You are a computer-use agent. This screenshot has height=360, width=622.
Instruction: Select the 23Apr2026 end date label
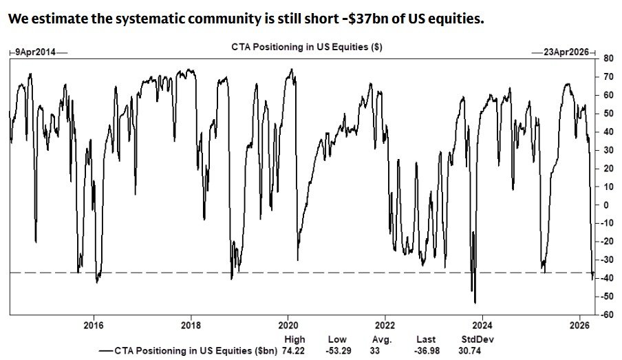566,52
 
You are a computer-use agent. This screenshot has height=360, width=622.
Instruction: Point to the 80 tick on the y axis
608,59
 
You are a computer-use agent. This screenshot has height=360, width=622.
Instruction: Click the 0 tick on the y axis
606,205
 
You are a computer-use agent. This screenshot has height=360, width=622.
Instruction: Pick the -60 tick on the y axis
609,315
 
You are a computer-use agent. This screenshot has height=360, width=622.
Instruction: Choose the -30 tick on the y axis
609,260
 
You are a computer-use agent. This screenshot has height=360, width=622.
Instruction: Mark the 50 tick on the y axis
608,114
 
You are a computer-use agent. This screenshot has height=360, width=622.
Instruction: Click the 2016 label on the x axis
94,326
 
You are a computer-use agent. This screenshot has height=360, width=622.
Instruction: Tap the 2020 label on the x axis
288,326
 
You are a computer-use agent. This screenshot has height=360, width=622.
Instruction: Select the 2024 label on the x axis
483,326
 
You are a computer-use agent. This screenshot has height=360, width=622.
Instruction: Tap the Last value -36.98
426,350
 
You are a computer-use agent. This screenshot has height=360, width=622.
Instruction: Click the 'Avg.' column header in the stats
383,339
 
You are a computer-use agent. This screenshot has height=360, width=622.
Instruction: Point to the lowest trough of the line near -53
475,302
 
